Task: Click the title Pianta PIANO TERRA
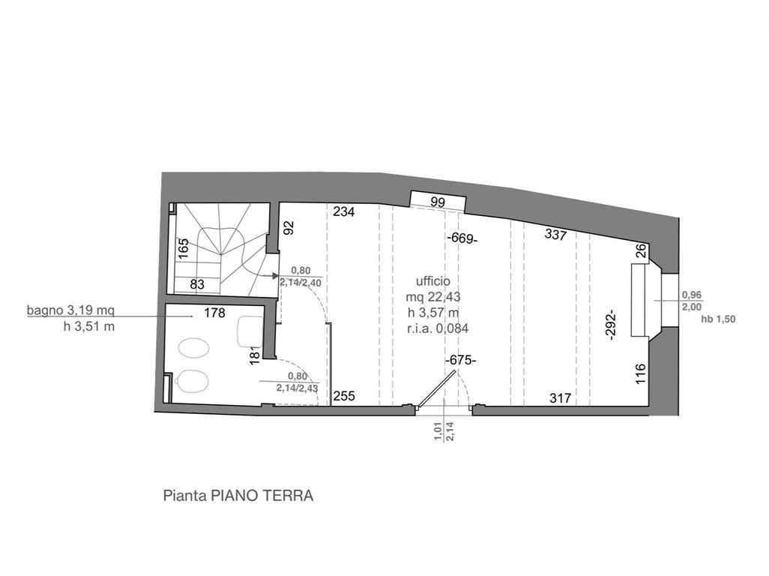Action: [x=238, y=496]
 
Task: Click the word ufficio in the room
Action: [x=433, y=281]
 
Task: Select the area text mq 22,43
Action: [x=433, y=297]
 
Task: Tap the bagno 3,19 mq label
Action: [x=70, y=310]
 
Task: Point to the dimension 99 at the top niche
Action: [x=438, y=202]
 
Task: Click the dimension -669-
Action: [x=462, y=238]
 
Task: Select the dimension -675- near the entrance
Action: [x=460, y=360]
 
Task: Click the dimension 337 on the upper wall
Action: [x=555, y=235]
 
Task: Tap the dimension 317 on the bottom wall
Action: [x=560, y=397]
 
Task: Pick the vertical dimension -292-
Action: [x=611, y=325]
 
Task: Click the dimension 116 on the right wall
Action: [x=641, y=373]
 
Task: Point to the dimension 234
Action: [x=344, y=212]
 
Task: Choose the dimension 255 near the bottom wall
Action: [x=344, y=395]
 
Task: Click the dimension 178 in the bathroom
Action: [x=214, y=313]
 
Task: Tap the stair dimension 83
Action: [x=196, y=284]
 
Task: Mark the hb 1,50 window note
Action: [x=719, y=319]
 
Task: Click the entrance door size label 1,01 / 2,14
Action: [x=444, y=431]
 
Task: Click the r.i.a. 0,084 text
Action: [x=438, y=328]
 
